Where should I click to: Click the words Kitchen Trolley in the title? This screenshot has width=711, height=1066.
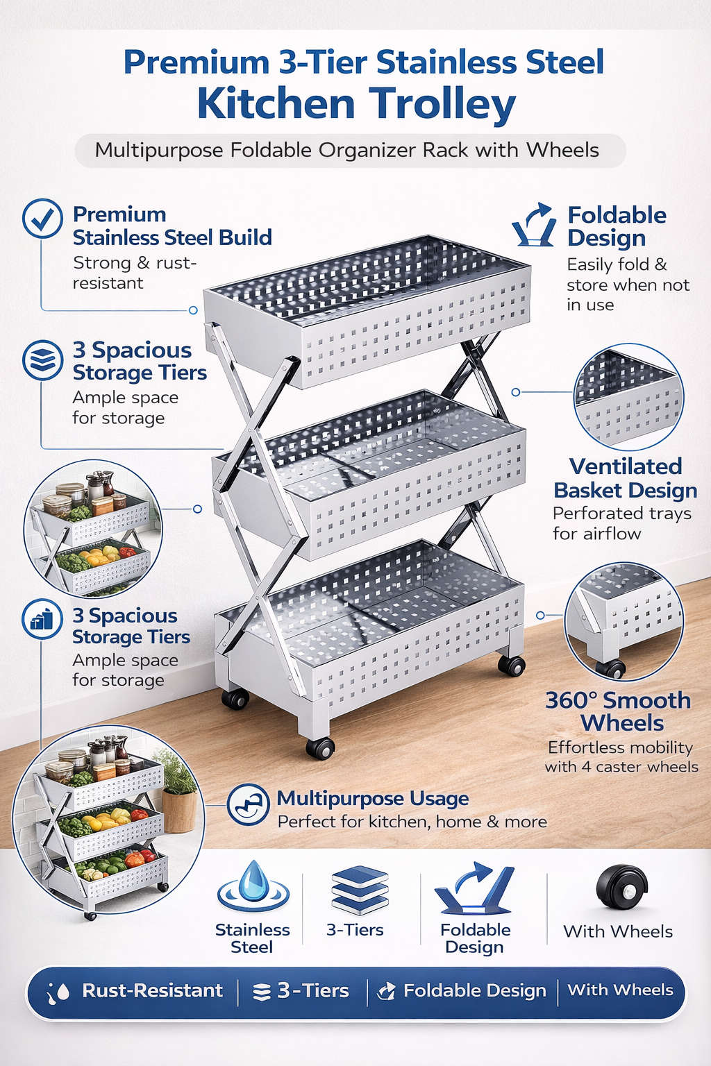[x=357, y=104]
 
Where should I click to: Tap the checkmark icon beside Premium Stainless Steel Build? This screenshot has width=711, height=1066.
[x=43, y=219]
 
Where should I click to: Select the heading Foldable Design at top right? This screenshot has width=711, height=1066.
[x=617, y=226]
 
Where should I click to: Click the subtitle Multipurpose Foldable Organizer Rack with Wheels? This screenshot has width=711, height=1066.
[x=346, y=151]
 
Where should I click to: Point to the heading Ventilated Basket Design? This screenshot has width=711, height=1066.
[x=626, y=478]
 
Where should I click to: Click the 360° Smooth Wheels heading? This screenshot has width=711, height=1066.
[x=618, y=712]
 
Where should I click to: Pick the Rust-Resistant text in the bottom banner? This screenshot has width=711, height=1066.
[x=152, y=990]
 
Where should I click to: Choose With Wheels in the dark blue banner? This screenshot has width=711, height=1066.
[x=620, y=990]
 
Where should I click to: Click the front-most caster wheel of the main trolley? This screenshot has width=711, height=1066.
[x=320, y=747]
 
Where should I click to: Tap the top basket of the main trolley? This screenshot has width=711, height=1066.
[x=367, y=309]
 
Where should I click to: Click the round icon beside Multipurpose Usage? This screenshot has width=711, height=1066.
[x=248, y=804]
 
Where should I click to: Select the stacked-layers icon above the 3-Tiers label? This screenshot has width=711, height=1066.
[x=360, y=890]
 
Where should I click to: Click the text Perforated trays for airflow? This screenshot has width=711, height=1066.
[x=621, y=523]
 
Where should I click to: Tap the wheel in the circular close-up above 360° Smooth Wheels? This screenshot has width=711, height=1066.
[x=610, y=668]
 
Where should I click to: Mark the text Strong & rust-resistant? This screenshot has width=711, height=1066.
[x=134, y=273]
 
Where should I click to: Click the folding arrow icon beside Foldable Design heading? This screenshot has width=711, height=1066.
[x=534, y=225]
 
